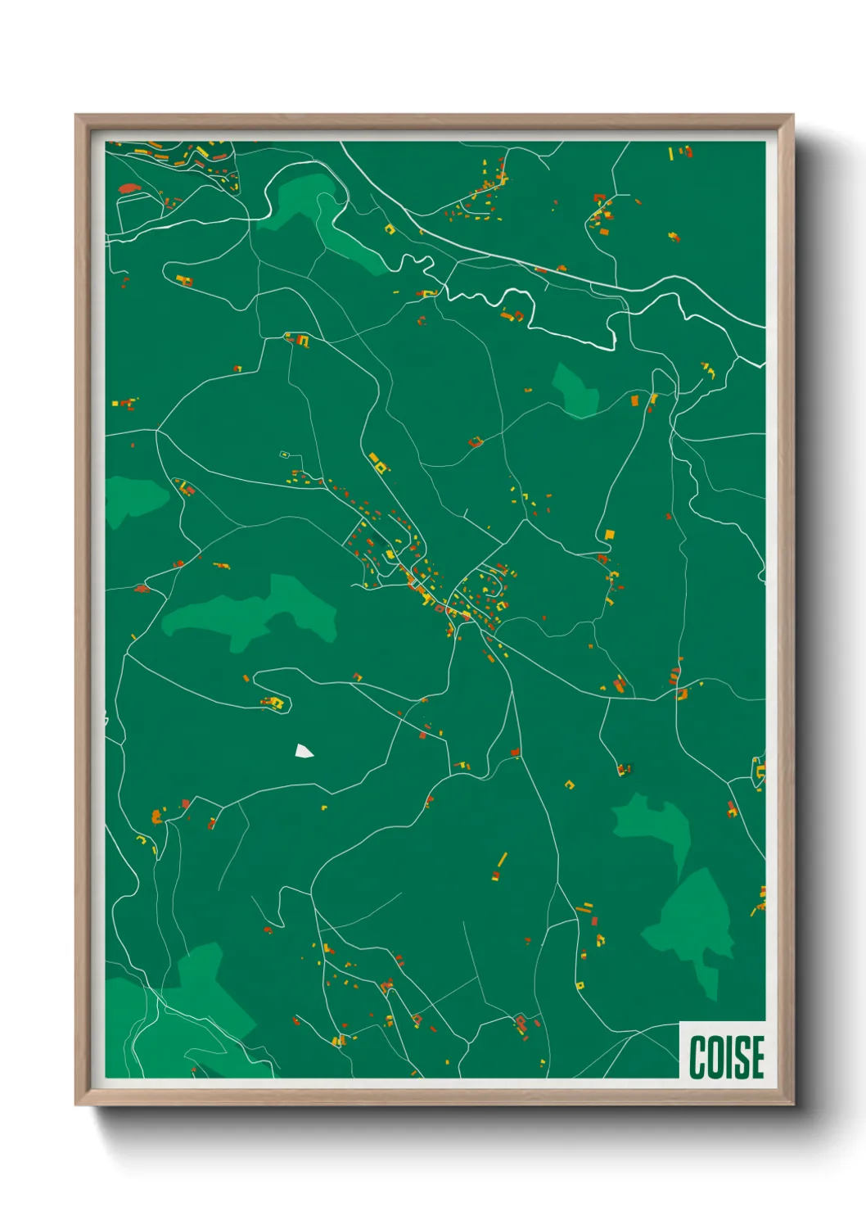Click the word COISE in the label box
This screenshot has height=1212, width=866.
tap(726, 1056)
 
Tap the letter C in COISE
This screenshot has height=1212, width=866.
tap(698, 1056)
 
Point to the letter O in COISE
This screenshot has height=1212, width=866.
tap(715, 1056)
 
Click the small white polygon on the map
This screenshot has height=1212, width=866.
tap(304, 751)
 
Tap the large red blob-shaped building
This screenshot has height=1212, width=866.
tap(127, 188)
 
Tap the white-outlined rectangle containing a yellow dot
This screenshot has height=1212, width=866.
tap(285, 454)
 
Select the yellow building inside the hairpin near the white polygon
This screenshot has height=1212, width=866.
tap(276, 702)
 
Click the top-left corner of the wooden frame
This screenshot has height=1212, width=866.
tap(76, 115)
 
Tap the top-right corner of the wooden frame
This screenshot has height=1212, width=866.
tap(792, 115)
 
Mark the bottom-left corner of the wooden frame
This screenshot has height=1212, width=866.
tap(76, 1104)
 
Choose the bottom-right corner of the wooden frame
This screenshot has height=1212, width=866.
tap(792, 1104)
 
